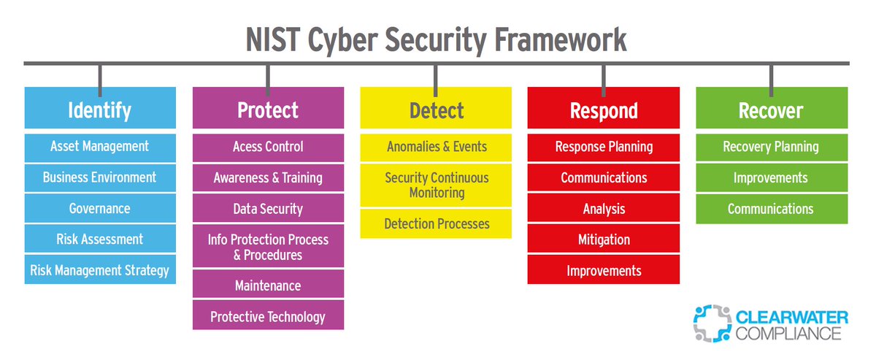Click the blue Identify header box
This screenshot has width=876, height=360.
[x=100, y=110]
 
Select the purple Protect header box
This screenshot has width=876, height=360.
[x=268, y=110]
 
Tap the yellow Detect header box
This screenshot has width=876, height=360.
[x=436, y=110]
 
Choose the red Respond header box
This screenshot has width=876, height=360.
[x=604, y=110]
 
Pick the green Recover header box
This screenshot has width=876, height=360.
[x=772, y=110]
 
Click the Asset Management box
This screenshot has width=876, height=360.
[x=100, y=147]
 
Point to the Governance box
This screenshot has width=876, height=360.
[x=100, y=209]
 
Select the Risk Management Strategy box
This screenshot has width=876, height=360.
[x=100, y=270]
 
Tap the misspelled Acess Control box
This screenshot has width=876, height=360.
[x=268, y=147]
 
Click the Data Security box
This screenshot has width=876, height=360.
[x=268, y=209]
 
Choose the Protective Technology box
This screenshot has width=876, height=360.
[x=268, y=317]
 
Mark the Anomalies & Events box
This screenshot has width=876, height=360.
[x=436, y=147]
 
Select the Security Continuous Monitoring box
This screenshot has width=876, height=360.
[x=436, y=185]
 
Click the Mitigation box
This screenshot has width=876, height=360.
[x=604, y=240]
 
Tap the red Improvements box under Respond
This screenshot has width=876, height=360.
[x=604, y=270]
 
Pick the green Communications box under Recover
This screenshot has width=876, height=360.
[x=772, y=209]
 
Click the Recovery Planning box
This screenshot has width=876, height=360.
[x=772, y=147]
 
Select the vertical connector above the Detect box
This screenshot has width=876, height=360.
[x=436, y=76]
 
